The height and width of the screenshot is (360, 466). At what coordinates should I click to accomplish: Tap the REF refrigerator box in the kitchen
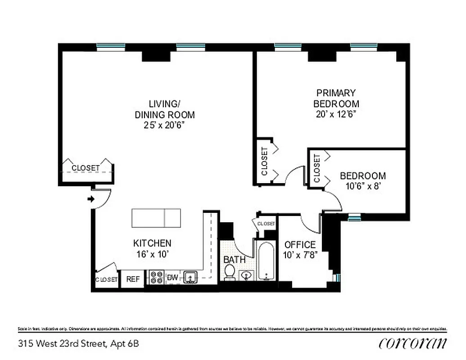click(133, 279)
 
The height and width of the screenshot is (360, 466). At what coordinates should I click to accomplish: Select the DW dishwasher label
click(172, 277)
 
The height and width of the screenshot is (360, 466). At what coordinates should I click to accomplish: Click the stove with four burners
click(157, 277)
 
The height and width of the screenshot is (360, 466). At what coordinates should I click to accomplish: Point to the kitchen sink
click(190, 277)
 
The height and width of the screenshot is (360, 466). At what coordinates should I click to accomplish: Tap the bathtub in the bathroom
click(267, 261)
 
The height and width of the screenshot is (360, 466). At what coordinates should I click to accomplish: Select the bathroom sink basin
click(246, 275)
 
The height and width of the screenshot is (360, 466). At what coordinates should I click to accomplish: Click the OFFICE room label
click(300, 245)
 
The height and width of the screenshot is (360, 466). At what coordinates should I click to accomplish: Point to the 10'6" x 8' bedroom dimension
click(362, 185)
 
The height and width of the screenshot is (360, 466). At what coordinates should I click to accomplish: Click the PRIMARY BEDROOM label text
click(336, 98)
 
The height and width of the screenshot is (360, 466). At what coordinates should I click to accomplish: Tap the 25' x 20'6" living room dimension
click(164, 125)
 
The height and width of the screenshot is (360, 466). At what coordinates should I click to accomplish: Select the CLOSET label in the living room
click(86, 168)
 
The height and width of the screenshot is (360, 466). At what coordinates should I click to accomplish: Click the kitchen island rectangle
click(156, 218)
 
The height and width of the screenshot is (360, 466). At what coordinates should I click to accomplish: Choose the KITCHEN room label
click(152, 243)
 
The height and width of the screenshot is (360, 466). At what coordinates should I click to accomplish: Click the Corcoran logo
click(413, 343)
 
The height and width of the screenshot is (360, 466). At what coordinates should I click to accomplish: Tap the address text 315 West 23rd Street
click(78, 344)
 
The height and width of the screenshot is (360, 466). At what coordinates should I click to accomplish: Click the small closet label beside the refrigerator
click(107, 279)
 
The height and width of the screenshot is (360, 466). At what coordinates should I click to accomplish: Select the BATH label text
click(234, 260)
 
